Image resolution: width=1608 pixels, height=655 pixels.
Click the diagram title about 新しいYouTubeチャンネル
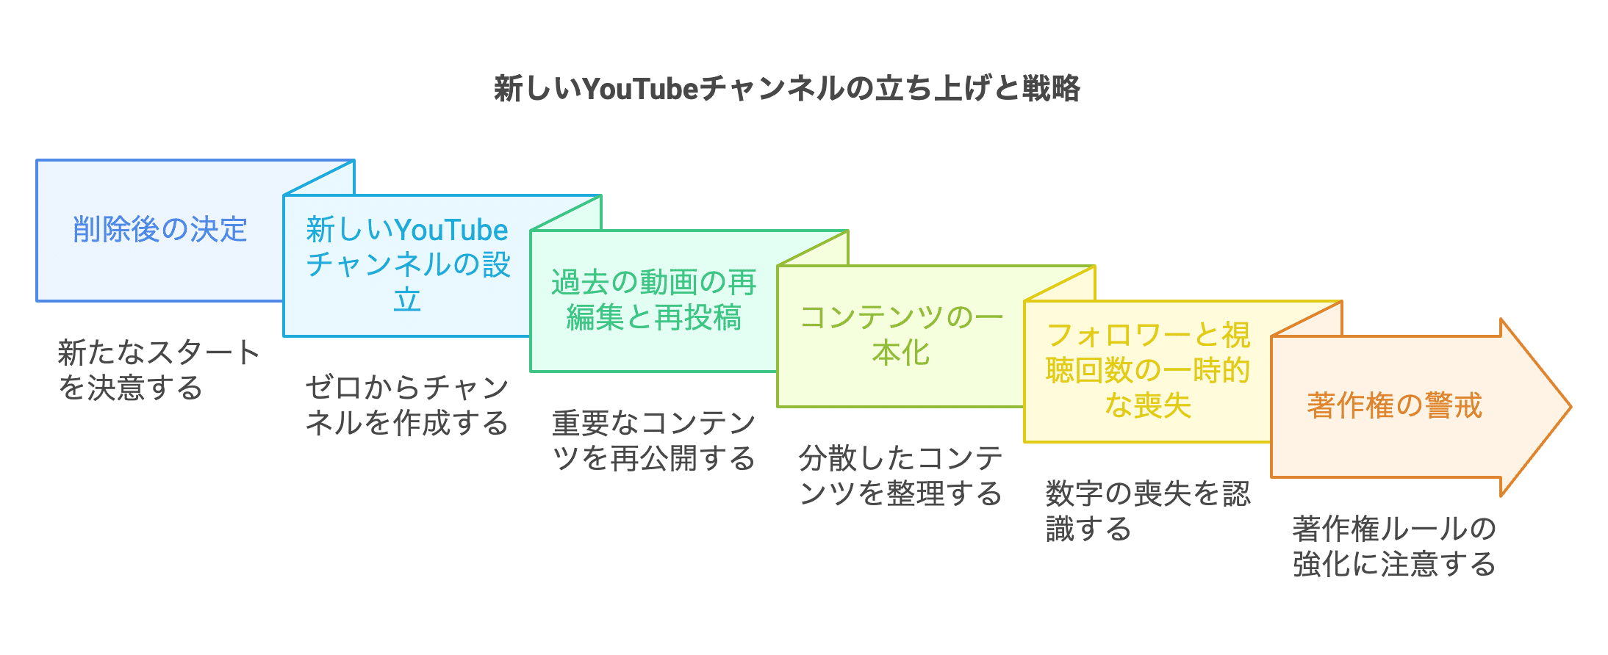tap(786, 89)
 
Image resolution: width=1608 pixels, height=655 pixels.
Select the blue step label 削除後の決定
tap(159, 230)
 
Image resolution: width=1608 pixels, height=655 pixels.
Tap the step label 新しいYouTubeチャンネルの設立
tap(407, 264)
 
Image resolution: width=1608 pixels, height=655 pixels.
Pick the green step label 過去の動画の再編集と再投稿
tap(653, 300)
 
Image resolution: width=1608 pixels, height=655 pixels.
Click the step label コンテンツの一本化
tap(900, 335)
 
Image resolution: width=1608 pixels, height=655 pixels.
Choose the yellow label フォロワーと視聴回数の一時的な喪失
tap(1147, 370)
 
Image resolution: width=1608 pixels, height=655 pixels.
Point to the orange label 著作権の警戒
tap(1394, 405)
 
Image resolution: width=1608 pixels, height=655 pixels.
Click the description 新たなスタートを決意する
tap(158, 370)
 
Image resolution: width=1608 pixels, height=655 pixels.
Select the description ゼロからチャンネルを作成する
tap(406, 405)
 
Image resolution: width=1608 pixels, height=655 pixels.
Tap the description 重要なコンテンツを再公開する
tap(653, 441)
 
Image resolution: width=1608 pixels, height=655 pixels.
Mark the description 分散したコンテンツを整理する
tap(900, 476)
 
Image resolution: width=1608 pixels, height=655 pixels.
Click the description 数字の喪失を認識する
tap(1147, 511)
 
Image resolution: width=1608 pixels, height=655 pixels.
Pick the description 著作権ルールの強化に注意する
tap(1394, 546)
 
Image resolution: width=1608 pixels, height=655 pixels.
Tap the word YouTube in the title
tap(639, 89)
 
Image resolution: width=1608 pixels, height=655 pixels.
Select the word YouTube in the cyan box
tap(451, 231)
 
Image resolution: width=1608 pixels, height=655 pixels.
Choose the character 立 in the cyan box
tap(407, 300)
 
